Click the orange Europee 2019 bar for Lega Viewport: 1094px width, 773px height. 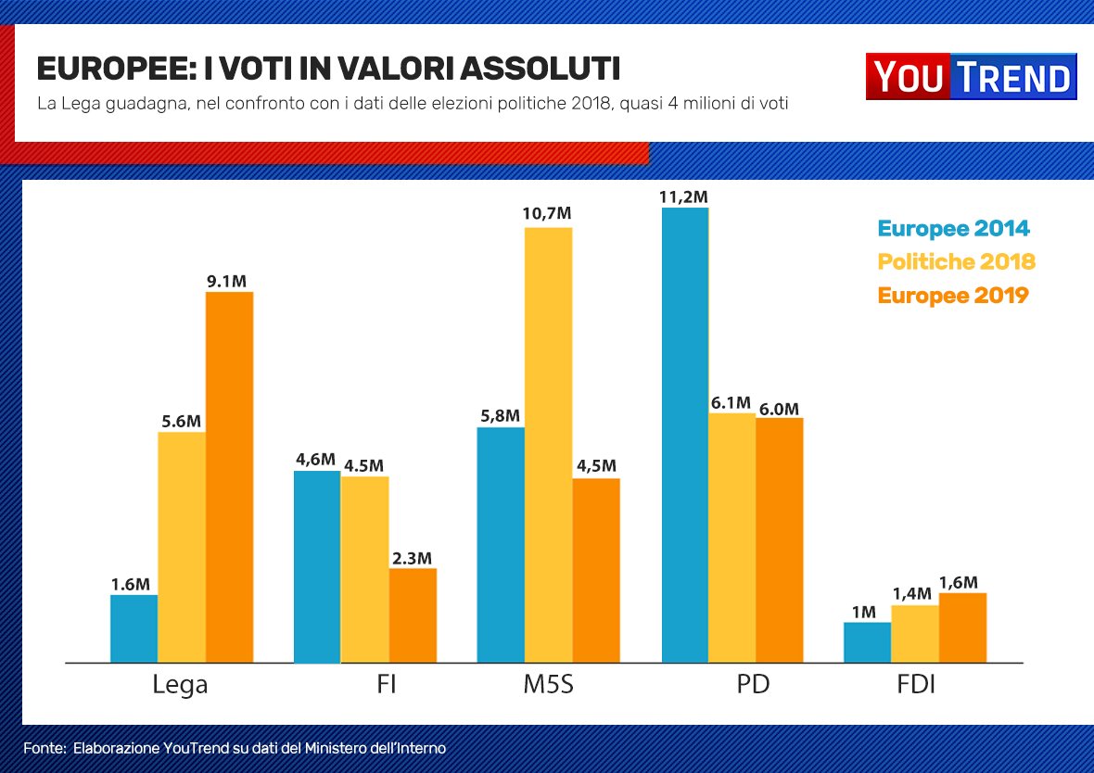(x=229, y=477)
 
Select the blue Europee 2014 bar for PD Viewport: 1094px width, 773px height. (x=685, y=436)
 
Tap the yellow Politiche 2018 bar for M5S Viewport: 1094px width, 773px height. (x=548, y=445)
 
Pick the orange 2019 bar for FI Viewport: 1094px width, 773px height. (x=413, y=615)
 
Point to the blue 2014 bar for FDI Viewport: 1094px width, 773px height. (x=867, y=642)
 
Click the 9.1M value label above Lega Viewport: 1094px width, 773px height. (x=227, y=281)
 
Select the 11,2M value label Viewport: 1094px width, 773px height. (x=683, y=196)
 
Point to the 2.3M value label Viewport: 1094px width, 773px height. (x=412, y=558)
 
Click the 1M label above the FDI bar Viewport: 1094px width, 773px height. (x=864, y=612)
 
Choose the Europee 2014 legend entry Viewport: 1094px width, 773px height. (x=953, y=229)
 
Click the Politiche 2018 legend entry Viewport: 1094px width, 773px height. (x=956, y=262)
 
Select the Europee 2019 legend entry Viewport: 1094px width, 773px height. (x=953, y=296)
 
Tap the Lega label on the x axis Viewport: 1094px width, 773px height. (x=180, y=687)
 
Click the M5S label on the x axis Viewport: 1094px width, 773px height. (x=548, y=687)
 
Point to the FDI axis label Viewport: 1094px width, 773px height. (x=915, y=687)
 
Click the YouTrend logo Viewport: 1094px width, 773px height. (x=971, y=77)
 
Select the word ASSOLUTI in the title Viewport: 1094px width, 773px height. (x=541, y=70)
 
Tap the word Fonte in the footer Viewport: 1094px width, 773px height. (x=43, y=747)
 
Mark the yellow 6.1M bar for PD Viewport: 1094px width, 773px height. (x=731, y=538)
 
